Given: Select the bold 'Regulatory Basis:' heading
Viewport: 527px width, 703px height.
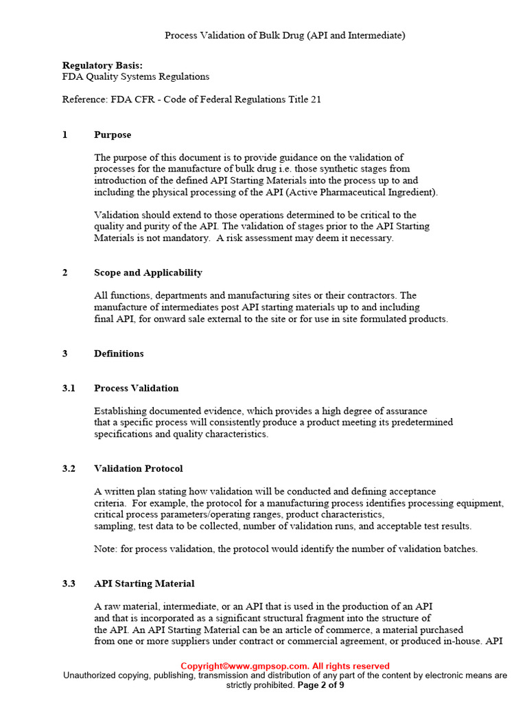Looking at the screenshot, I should pyautogui.click(x=102, y=65).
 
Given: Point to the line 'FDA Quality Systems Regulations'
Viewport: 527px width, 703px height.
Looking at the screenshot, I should pyautogui.click(x=136, y=77).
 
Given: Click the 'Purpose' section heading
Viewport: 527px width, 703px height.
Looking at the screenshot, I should pyautogui.click(x=113, y=135).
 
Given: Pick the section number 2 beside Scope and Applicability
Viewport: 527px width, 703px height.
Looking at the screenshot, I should pyautogui.click(x=65, y=273).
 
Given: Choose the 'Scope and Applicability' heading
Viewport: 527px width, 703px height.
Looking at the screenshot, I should pyautogui.click(x=148, y=273).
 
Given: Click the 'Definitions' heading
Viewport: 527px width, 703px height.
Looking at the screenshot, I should pyautogui.click(x=119, y=354).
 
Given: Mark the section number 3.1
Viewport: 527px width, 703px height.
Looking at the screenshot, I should pyautogui.click(x=69, y=389).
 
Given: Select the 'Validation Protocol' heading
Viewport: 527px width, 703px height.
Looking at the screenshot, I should pyautogui.click(x=138, y=469).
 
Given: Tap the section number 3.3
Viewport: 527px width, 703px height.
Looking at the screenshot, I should pyautogui.click(x=69, y=584).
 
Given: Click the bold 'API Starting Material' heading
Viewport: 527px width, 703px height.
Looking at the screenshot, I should pyautogui.click(x=144, y=584).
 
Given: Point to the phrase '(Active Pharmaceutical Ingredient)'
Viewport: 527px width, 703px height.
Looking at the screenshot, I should pyautogui.click(x=362, y=192).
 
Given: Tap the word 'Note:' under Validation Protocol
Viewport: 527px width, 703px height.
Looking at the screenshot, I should pyautogui.click(x=106, y=549).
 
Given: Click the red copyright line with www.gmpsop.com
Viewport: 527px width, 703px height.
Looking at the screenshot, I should pyautogui.click(x=285, y=666).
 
